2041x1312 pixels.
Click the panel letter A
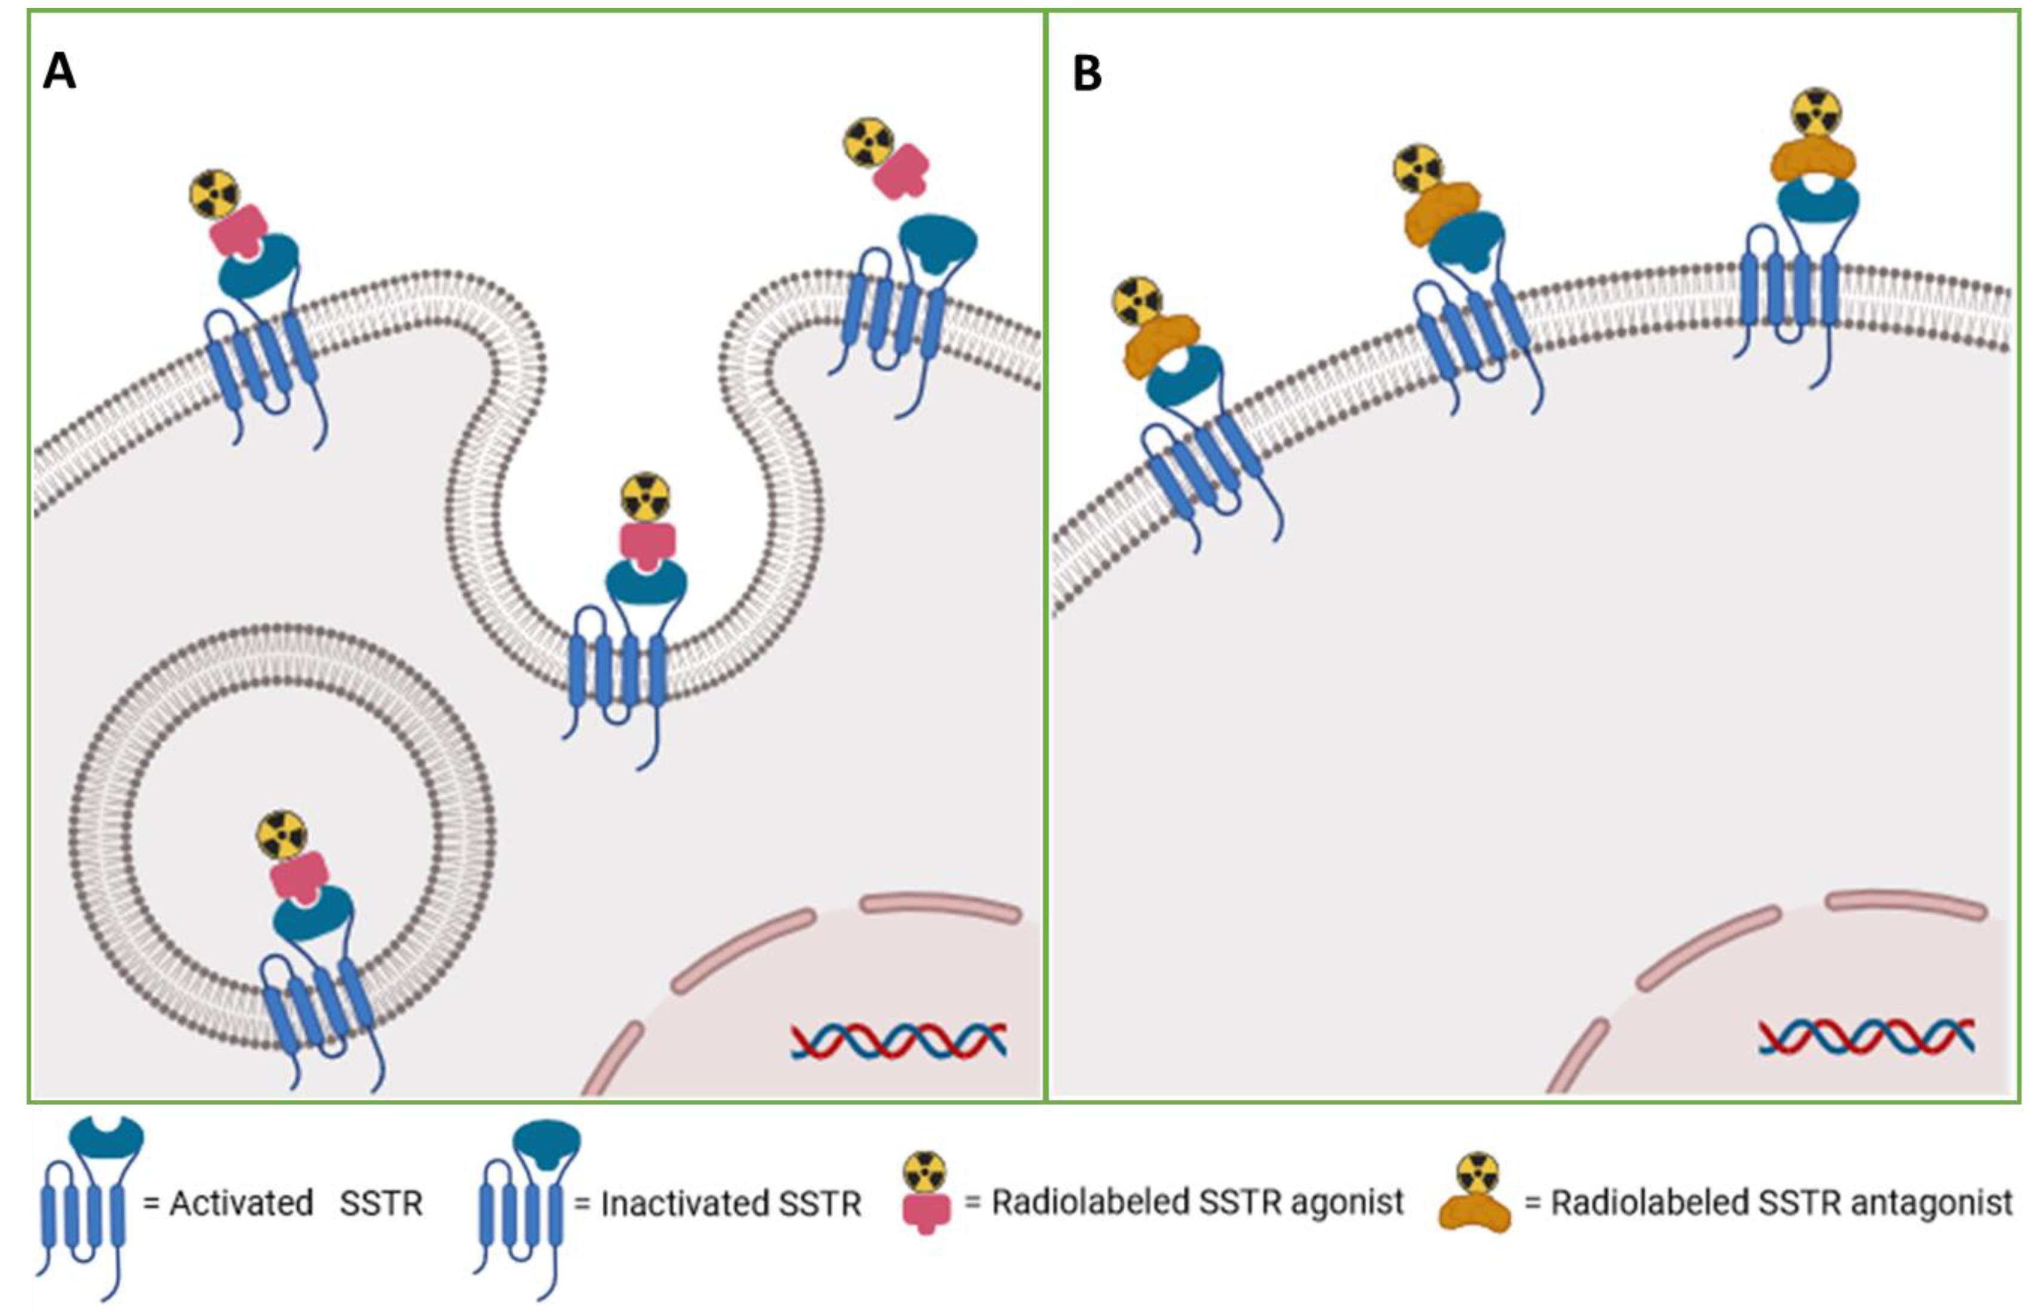60,72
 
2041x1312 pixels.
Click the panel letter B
1087,74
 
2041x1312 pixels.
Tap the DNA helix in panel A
898,1040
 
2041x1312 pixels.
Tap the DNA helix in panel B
1866,1037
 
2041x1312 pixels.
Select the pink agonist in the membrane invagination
648,545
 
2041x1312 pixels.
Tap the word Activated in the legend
241,1204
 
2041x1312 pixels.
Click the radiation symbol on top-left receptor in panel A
215,194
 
